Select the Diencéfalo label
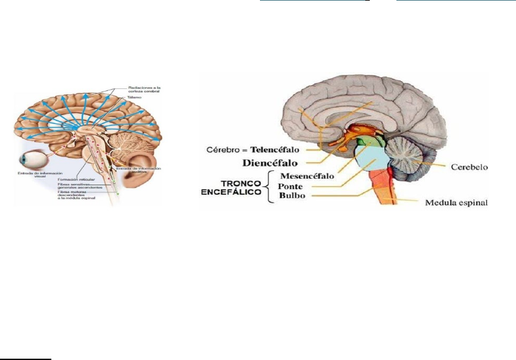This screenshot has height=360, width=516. (x=272, y=162)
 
